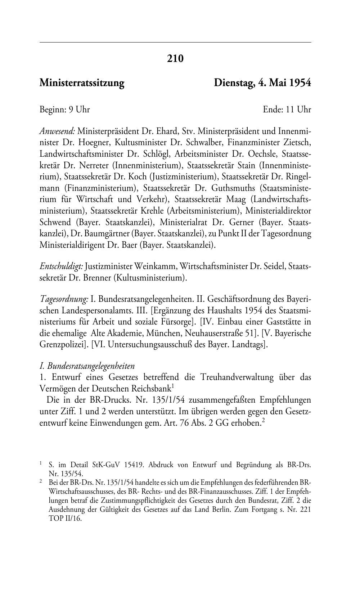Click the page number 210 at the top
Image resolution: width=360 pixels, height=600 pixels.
[175, 58]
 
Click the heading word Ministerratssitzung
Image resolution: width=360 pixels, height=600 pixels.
[82, 83]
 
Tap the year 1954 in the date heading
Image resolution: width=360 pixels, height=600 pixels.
[300, 83]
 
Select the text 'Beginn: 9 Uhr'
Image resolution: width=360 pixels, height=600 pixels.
[64, 109]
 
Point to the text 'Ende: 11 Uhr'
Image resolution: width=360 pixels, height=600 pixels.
[287, 109]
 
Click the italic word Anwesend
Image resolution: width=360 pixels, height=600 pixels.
[57, 130]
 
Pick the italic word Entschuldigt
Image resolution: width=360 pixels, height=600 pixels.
[61, 267]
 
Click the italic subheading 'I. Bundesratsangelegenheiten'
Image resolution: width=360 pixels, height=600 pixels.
[87, 366]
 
